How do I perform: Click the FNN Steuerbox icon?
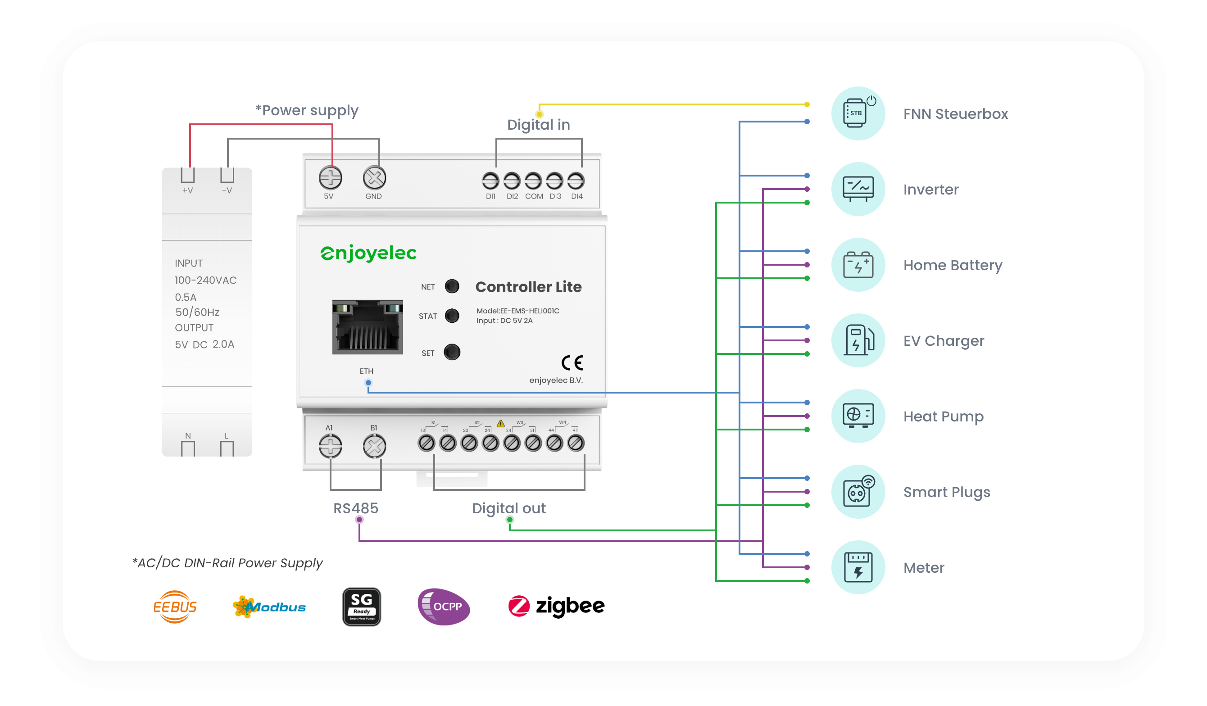click(858, 113)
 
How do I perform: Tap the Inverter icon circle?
click(858, 189)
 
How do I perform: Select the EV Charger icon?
click(858, 340)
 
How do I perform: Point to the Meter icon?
click(858, 568)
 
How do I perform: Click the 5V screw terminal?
click(331, 178)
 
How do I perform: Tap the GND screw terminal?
click(374, 178)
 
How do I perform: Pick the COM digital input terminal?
click(533, 181)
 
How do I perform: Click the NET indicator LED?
click(452, 286)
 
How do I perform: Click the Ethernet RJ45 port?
click(368, 327)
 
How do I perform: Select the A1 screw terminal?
click(331, 446)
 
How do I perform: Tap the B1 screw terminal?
click(374, 446)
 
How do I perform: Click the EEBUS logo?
click(175, 607)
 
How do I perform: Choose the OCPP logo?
click(444, 607)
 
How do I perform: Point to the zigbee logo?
click(556, 606)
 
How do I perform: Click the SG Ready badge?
click(362, 607)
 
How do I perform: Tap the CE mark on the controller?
click(572, 363)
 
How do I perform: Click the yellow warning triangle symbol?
click(500, 423)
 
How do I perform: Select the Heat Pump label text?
click(943, 416)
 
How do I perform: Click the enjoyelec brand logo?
click(368, 253)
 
